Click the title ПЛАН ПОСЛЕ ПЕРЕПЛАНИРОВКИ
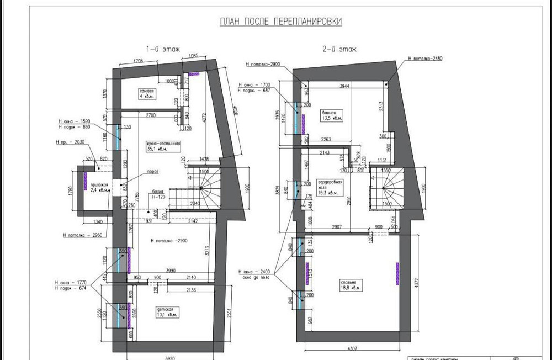coord(281,22)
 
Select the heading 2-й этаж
coord(339,49)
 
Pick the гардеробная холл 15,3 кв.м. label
coord(328,187)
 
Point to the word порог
coord(153,172)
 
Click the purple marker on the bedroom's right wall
coord(397,271)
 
